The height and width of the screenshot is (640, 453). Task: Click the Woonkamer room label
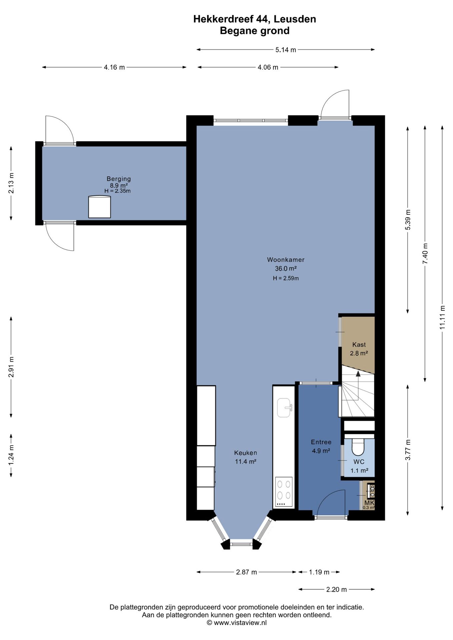(x=286, y=260)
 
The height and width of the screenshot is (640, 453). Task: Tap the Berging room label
(x=119, y=179)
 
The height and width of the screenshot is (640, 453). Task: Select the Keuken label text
(x=246, y=453)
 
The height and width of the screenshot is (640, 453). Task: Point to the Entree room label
(x=321, y=442)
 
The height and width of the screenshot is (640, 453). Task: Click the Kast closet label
(x=359, y=345)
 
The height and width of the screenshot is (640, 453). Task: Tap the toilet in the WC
(x=358, y=447)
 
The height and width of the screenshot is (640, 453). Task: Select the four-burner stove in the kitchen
(x=284, y=492)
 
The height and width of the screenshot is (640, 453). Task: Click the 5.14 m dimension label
(x=286, y=50)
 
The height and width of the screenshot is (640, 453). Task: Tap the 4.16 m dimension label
(x=114, y=67)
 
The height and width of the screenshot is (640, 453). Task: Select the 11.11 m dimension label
(x=442, y=317)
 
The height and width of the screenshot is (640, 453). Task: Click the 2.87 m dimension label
(x=247, y=572)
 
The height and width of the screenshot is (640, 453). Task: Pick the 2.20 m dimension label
(x=336, y=589)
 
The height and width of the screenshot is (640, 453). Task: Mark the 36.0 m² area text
(x=286, y=268)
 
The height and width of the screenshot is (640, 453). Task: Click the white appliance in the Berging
(x=99, y=207)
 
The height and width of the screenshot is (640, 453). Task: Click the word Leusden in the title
(x=295, y=19)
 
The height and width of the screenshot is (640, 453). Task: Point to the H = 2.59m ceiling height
(x=286, y=278)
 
